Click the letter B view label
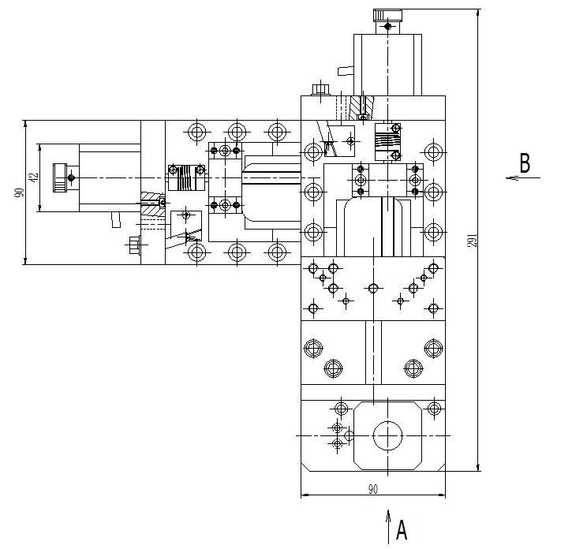(x=525, y=163)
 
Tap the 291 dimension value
(x=472, y=241)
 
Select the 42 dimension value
(x=34, y=177)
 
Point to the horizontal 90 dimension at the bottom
(x=373, y=489)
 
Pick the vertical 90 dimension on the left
(x=20, y=192)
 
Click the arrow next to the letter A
(x=388, y=528)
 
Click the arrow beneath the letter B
(x=523, y=178)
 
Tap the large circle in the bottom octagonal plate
(x=387, y=435)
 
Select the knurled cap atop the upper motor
(x=387, y=15)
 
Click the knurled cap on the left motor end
(x=59, y=177)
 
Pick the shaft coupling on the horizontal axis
(x=186, y=177)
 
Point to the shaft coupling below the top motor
(x=387, y=142)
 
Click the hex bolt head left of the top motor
(x=320, y=89)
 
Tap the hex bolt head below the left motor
(x=135, y=245)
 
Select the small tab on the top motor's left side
(x=345, y=71)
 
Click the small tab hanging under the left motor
(x=116, y=219)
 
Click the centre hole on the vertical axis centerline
(x=373, y=289)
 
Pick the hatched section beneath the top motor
(x=361, y=107)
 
